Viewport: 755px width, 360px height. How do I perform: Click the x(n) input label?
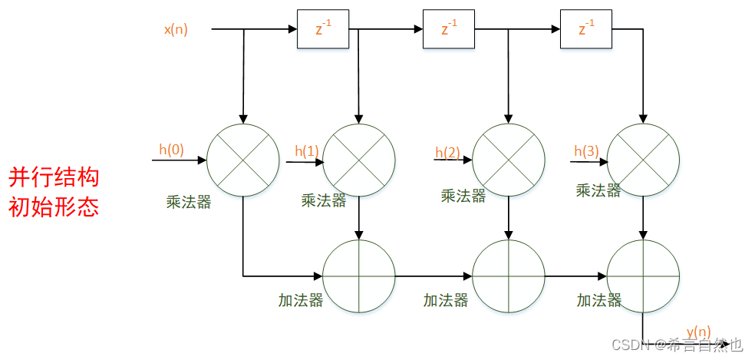tap(176, 30)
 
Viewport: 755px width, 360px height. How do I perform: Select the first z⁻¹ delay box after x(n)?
tap(317, 30)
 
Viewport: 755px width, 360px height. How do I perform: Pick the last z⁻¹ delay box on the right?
tap(586, 30)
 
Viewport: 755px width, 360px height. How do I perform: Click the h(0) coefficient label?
tap(171, 150)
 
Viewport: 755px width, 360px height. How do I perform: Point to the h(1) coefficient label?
tap(307, 151)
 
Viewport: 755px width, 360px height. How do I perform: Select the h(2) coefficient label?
tap(447, 153)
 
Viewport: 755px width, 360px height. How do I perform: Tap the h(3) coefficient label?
tap(586, 151)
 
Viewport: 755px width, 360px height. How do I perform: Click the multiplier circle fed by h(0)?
tap(243, 160)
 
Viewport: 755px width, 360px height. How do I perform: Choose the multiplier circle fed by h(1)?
tap(359, 160)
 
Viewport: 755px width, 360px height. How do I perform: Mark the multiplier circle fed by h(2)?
tap(508, 160)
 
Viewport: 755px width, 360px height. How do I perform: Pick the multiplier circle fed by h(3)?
tap(643, 160)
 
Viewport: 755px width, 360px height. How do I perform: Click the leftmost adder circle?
tap(359, 276)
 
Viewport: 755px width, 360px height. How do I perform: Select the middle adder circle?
tap(508, 276)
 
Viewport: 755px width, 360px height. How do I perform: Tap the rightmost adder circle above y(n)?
tap(643, 276)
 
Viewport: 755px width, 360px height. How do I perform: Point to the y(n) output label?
tap(698, 332)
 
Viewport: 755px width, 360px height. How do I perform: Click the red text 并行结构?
tap(54, 178)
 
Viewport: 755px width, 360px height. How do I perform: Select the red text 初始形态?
tap(54, 207)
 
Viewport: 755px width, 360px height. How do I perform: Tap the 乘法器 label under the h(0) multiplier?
tap(188, 203)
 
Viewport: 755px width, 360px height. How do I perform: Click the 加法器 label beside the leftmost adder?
tap(300, 300)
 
